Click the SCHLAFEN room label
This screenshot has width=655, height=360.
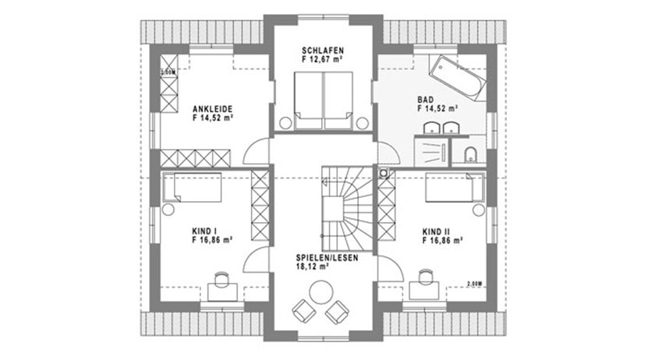tap(323, 50)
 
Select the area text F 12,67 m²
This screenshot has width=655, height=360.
tap(323, 58)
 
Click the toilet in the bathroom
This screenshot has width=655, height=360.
tap(469, 154)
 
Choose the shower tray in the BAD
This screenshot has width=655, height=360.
tap(431, 150)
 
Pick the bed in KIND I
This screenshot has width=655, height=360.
tap(194, 188)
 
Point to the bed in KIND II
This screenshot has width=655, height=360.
tap(454, 188)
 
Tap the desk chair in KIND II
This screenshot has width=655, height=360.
tap(425, 277)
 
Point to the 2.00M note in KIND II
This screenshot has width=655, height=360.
tap(473, 283)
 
